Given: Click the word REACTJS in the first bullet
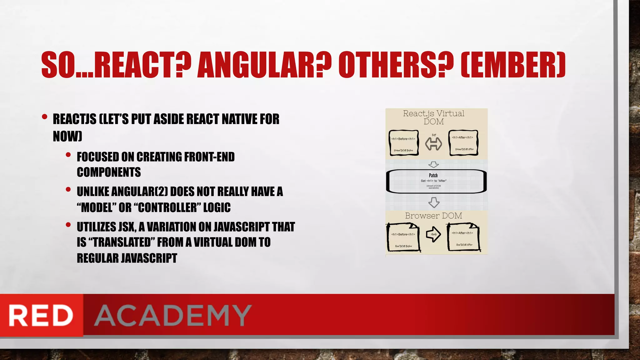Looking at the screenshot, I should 74,119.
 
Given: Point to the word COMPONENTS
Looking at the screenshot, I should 109,172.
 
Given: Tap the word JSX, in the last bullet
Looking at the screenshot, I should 127,227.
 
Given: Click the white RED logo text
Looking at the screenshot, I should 41,315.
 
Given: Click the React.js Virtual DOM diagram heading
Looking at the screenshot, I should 433,117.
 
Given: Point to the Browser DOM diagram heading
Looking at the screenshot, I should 433,216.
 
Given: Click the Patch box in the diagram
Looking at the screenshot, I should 436,181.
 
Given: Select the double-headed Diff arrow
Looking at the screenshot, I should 433,144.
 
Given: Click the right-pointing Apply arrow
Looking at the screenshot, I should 433,235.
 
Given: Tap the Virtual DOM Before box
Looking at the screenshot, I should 403,143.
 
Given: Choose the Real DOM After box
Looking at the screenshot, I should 464,237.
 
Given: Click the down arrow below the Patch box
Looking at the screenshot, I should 434,202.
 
